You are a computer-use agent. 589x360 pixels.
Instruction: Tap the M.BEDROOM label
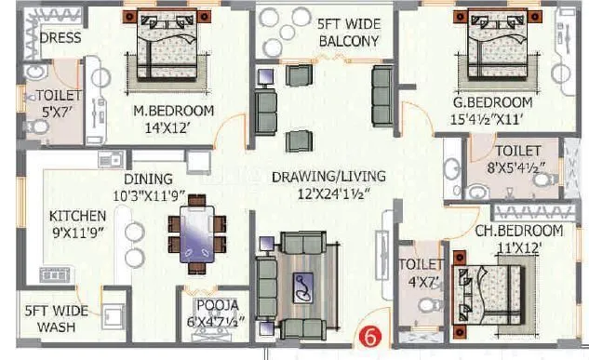[174, 111]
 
